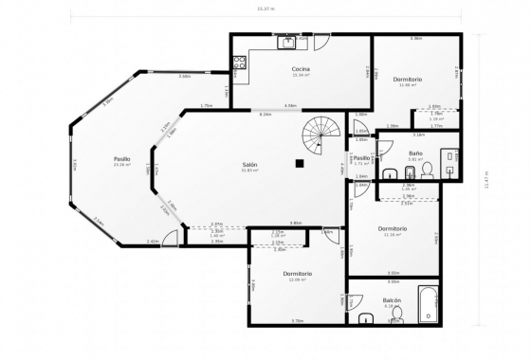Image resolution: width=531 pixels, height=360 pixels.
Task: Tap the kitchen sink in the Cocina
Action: (287, 42)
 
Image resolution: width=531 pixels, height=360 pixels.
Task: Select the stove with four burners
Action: (239, 64)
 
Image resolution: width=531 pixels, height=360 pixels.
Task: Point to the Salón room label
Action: (249, 164)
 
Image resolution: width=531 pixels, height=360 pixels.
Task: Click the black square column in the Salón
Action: (300, 164)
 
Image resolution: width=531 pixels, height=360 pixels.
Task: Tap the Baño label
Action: (415, 153)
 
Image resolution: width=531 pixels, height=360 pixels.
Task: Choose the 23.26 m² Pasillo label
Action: (121, 158)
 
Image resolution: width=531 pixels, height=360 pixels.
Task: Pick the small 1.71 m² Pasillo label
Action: (361, 158)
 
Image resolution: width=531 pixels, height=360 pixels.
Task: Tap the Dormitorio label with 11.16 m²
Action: (393, 228)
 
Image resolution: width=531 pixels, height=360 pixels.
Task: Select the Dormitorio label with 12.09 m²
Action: (298, 273)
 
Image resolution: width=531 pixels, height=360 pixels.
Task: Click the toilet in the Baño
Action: (428, 171)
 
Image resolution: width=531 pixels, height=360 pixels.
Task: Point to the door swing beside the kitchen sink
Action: (321, 43)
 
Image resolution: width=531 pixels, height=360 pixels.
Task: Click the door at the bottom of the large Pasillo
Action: (170, 239)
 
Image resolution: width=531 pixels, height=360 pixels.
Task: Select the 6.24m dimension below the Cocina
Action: (266, 114)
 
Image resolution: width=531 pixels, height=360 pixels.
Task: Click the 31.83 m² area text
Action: (249, 171)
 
